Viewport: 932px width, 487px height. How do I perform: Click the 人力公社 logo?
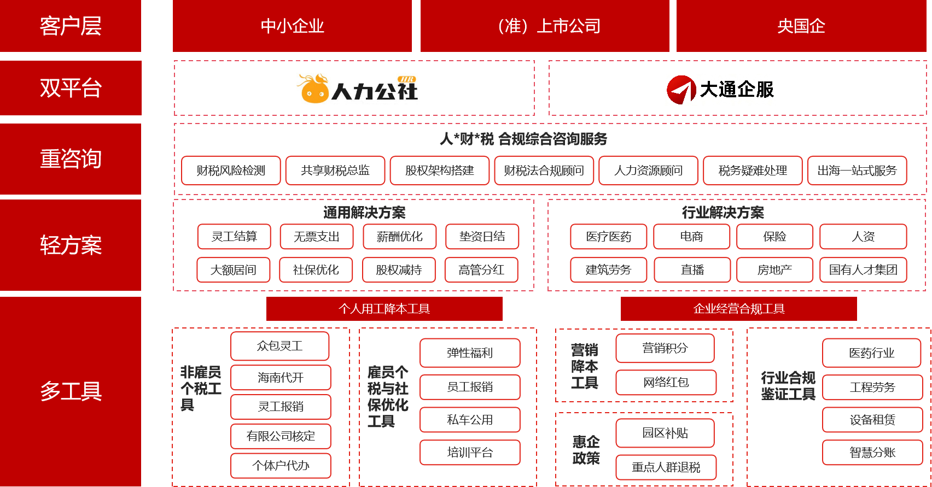(x=358, y=88)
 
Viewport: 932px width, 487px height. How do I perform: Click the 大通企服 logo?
(x=720, y=90)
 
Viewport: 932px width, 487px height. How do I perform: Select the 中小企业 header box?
(x=292, y=26)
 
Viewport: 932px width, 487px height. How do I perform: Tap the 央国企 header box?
(x=801, y=26)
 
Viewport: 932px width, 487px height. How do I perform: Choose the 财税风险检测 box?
(x=231, y=171)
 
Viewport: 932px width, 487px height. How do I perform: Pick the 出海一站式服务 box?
(x=857, y=171)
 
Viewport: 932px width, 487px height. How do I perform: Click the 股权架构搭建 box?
(x=439, y=171)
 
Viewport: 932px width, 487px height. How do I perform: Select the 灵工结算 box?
(x=234, y=237)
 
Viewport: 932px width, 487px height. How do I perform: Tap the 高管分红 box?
(x=481, y=270)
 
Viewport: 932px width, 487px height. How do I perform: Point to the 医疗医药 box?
(x=608, y=237)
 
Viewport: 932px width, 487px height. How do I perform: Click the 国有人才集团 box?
(x=863, y=270)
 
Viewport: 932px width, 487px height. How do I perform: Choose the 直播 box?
(x=692, y=270)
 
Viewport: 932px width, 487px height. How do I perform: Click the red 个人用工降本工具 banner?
(x=384, y=309)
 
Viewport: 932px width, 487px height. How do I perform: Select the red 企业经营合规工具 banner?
(x=738, y=309)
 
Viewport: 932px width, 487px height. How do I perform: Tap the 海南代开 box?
(x=281, y=378)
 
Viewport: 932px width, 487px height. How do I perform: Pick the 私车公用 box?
(x=470, y=420)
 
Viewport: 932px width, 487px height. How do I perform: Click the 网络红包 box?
(x=666, y=383)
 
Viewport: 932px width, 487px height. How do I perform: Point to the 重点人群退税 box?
(x=666, y=467)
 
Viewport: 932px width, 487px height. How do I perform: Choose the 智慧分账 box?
(x=872, y=453)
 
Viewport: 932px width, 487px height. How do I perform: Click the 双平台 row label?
(x=71, y=88)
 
